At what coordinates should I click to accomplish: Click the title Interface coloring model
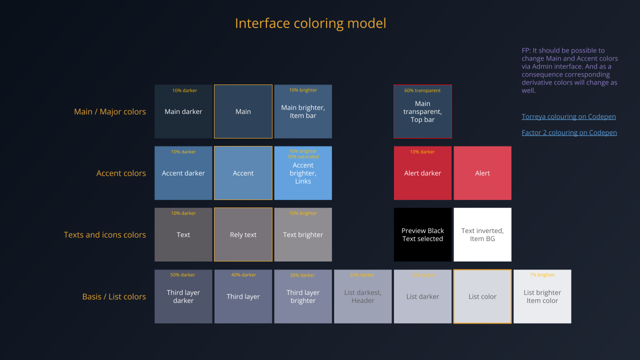click(310, 23)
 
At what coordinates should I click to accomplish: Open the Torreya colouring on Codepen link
click(568, 116)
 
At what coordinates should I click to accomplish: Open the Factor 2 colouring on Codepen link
click(569, 132)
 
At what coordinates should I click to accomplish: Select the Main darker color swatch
click(183, 111)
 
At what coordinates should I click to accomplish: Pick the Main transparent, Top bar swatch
click(422, 111)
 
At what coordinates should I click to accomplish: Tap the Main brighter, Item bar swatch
click(303, 111)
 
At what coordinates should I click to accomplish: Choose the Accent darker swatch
click(183, 173)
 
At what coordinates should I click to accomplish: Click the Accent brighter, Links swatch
click(303, 173)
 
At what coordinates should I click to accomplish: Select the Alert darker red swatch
click(422, 173)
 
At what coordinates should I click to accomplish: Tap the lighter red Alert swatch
click(482, 173)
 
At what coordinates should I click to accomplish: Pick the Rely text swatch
click(243, 234)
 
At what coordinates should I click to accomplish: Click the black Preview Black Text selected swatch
click(422, 234)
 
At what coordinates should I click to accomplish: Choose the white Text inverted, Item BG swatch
click(482, 234)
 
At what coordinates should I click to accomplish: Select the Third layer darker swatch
click(183, 296)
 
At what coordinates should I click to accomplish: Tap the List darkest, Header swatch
click(362, 296)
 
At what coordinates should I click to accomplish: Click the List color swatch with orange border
click(482, 296)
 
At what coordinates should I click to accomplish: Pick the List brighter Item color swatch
click(542, 296)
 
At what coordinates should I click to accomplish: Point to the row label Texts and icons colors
click(105, 234)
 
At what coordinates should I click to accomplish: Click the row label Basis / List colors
click(114, 296)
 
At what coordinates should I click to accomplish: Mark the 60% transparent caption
click(422, 90)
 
